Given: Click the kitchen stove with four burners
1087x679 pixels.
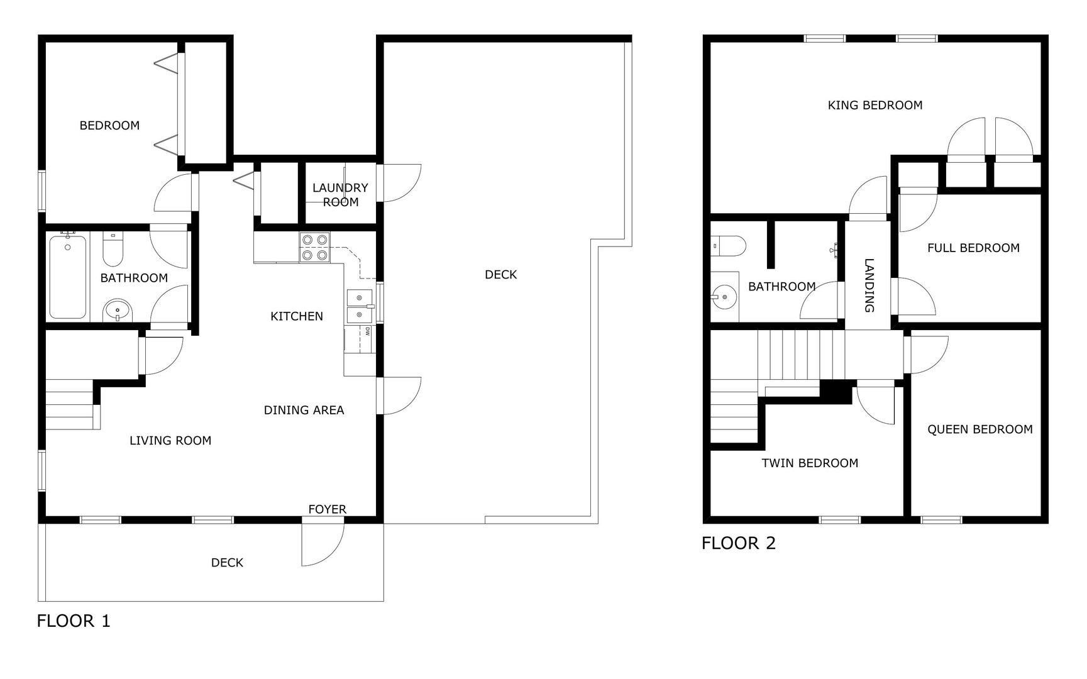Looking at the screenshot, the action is [x=315, y=247].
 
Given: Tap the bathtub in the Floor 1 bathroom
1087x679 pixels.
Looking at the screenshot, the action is [x=68, y=277].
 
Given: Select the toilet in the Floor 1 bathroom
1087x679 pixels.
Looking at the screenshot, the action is [x=113, y=249].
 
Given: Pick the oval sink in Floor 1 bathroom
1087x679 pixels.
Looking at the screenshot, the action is [x=118, y=310].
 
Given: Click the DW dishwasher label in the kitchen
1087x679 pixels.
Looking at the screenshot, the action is [x=367, y=331].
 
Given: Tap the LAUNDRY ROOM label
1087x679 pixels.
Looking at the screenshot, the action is [x=340, y=195].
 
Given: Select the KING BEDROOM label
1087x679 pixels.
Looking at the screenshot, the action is [x=875, y=106].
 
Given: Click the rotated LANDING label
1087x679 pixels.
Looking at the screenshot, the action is [x=869, y=285].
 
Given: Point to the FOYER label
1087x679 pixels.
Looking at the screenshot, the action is [x=327, y=509].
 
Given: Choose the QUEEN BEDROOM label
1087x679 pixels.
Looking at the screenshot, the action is [x=980, y=429].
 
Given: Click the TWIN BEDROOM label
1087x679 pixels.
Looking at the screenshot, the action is [x=810, y=463].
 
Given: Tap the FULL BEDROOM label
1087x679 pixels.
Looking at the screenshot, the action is [x=973, y=248].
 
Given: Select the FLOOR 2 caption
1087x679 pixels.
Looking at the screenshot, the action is [x=739, y=543].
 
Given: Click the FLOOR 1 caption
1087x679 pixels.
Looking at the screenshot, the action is [x=74, y=621].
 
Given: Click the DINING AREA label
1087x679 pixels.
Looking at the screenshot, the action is [x=304, y=411].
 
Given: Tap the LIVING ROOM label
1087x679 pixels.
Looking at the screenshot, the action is [x=170, y=441].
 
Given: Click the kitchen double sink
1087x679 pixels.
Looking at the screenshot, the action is [x=360, y=306].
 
